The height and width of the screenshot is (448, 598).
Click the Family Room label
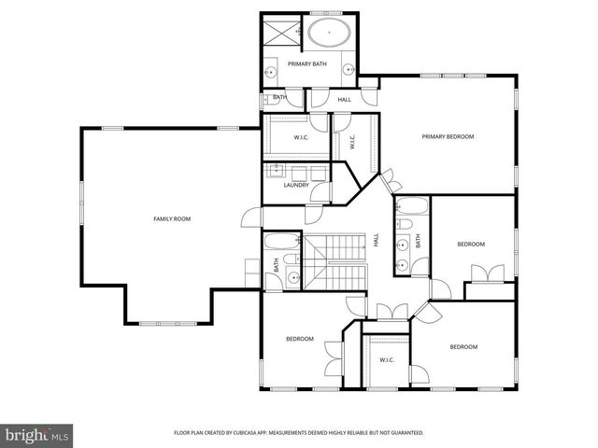pyautogui.click(x=172, y=218)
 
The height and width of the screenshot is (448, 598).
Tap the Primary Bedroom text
pyautogui.click(x=448, y=137)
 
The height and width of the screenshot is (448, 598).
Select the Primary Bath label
pyautogui.click(x=306, y=63)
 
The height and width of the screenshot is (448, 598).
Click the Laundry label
pyautogui.click(x=296, y=185)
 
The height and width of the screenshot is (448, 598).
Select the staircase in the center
pyautogui.click(x=336, y=263)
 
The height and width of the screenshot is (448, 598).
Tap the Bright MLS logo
pyautogui.click(x=37, y=435)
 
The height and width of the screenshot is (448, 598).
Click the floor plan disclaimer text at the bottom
pyautogui.click(x=299, y=433)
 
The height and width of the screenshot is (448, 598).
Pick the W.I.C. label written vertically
pyautogui.click(x=352, y=142)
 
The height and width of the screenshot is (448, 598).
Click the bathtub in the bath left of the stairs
pyautogui.click(x=279, y=245)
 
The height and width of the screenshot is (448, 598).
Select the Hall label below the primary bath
pyautogui.click(x=344, y=100)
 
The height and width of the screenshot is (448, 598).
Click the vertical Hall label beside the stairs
pyautogui.click(x=377, y=240)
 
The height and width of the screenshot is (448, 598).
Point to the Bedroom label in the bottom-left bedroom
pyautogui.click(x=299, y=339)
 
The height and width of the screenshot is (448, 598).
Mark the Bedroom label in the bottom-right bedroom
pyautogui.click(x=463, y=347)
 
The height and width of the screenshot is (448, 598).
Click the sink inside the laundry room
pyautogui.click(x=278, y=171)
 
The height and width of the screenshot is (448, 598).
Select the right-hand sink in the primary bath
pyautogui.click(x=348, y=69)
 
